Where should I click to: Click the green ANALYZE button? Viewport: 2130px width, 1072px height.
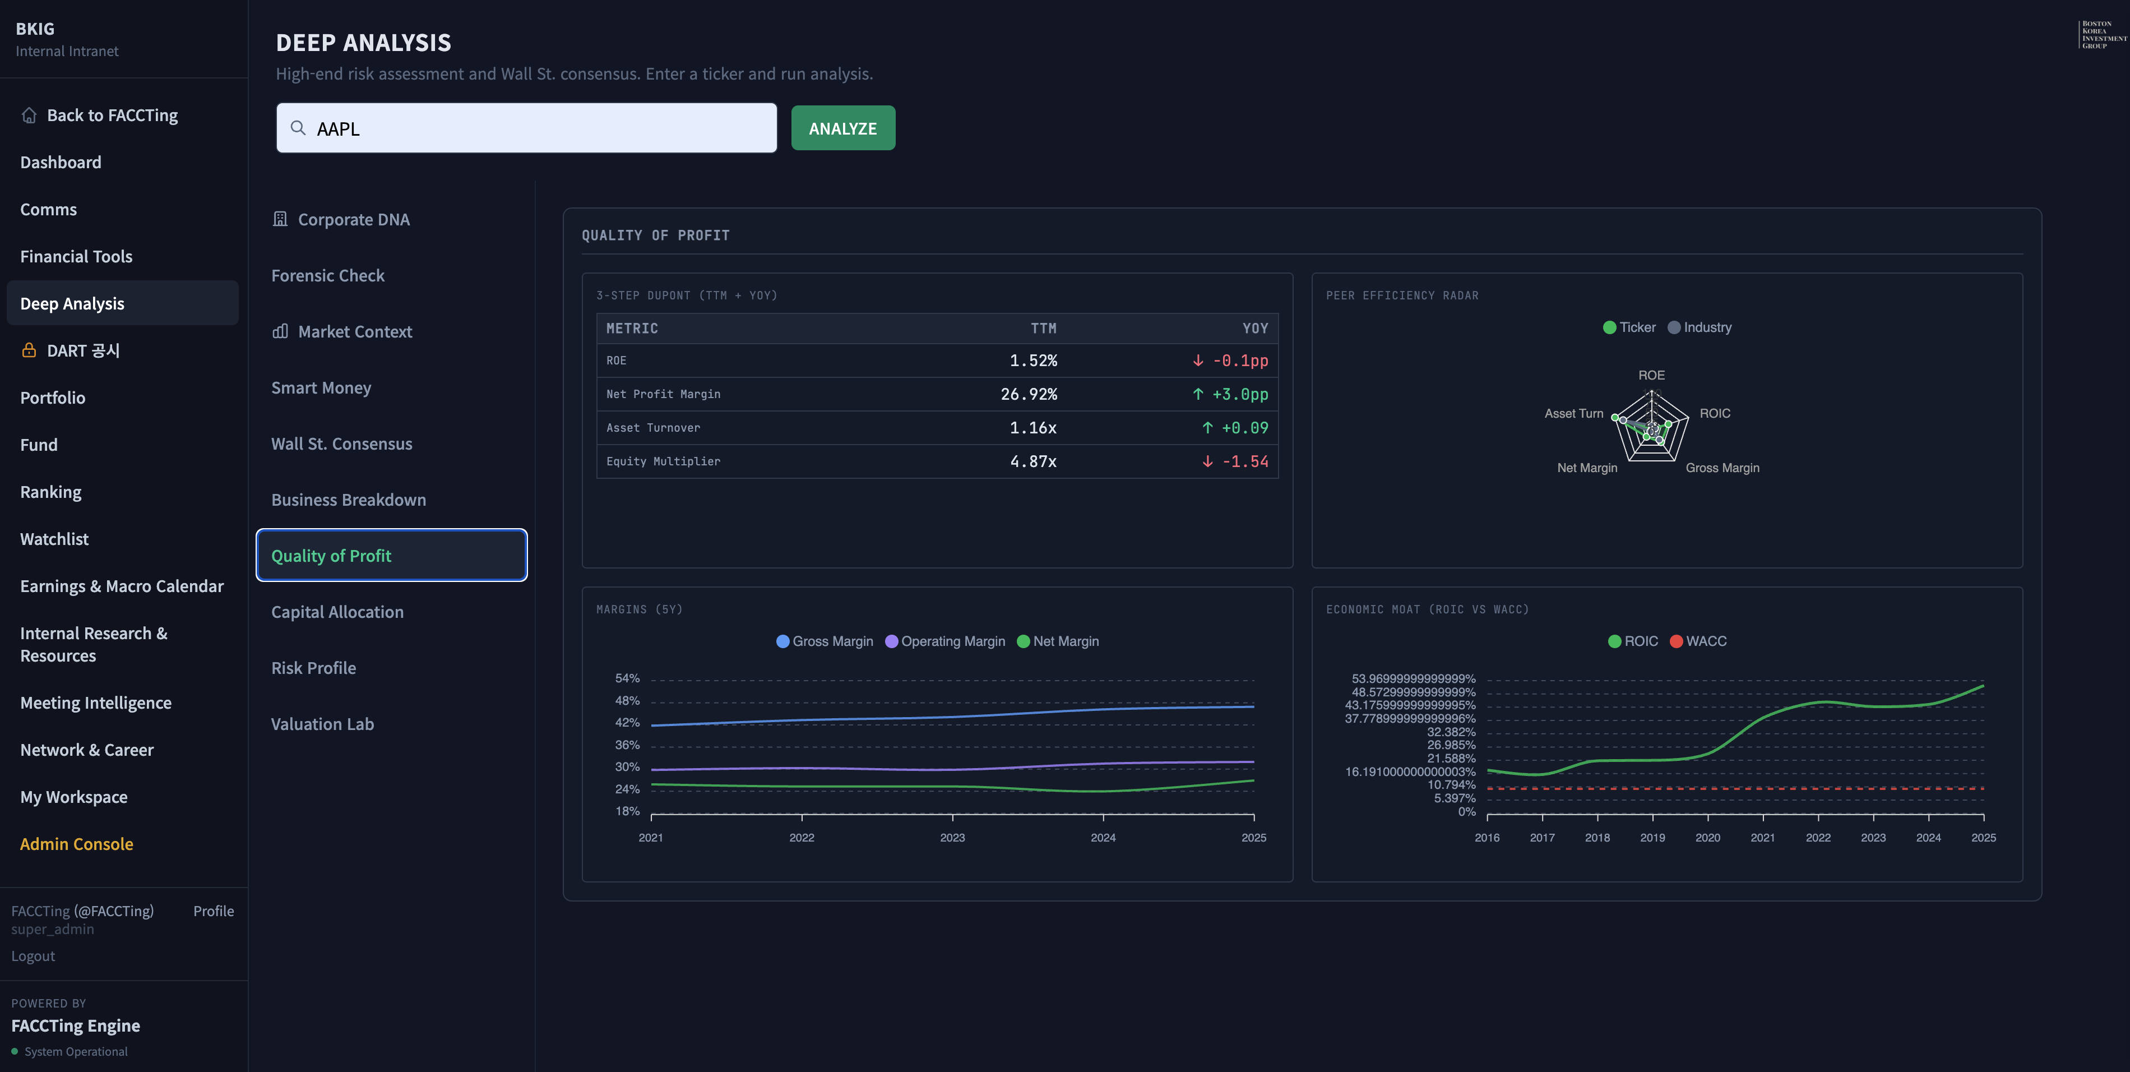842,128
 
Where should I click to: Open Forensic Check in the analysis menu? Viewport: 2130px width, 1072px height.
327,275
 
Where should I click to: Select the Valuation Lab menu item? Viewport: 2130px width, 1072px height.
322,724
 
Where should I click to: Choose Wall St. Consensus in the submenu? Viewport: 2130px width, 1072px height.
341,443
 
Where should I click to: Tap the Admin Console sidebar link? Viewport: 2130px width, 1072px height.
76,844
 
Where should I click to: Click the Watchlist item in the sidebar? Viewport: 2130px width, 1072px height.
54,538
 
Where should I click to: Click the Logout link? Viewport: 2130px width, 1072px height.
33,955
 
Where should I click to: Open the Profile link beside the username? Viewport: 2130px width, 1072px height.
214,911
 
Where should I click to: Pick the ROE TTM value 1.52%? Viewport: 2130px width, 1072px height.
1032,361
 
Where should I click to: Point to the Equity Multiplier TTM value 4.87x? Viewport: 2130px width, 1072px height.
1032,461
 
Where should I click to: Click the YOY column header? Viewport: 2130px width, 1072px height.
1254,329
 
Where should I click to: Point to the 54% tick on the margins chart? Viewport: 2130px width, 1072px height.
627,678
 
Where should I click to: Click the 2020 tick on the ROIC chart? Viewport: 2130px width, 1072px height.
1707,837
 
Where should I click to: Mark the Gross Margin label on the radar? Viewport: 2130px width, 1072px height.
1722,468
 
